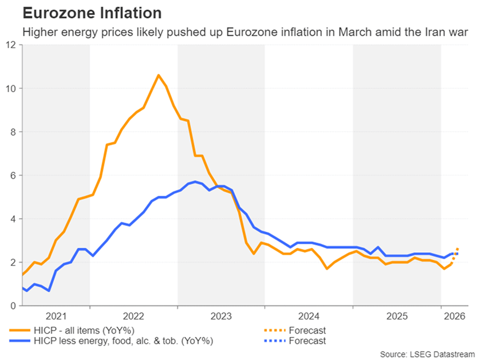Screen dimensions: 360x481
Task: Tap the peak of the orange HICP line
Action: pos(159,75)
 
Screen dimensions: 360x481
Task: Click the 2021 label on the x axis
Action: pos(56,316)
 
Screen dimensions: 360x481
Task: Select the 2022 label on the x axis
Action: pos(133,316)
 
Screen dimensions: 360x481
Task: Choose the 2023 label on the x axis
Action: pos(221,316)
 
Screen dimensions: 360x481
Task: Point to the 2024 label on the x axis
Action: pos(309,316)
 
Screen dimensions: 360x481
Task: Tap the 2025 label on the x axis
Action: pos(397,316)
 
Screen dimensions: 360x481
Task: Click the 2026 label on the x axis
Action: pos(454,316)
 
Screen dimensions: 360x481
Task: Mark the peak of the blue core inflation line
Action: pos(195,181)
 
